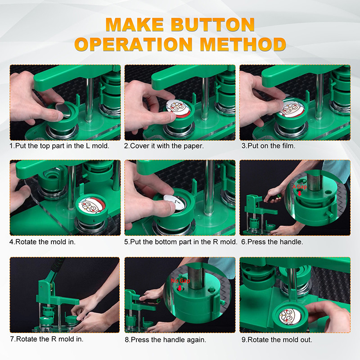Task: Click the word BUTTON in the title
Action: pos(212,25)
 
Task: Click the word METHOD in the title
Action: pos(243,44)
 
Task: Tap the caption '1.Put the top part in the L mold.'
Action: pos(59,146)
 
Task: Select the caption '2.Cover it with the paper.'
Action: pos(164,146)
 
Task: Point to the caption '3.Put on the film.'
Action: pos(268,146)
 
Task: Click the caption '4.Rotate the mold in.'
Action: pos(42,242)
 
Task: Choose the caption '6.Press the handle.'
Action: pos(272,242)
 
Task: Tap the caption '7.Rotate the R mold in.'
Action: pos(47,339)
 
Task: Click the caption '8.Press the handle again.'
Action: pos(165,340)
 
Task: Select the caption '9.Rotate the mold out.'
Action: pos(277,340)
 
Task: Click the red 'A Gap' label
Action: pos(300,187)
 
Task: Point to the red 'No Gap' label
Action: pos(180,281)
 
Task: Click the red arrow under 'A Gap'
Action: pos(299,193)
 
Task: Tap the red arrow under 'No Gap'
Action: pos(180,288)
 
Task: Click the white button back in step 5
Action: pos(174,202)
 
